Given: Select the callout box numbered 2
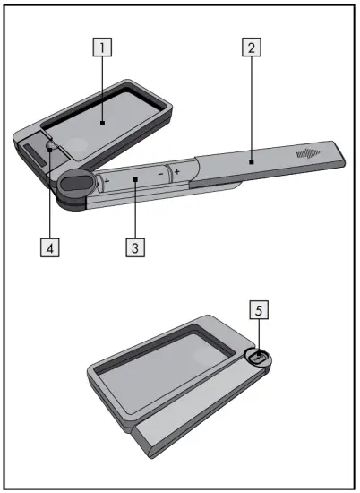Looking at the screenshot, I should point(253,48).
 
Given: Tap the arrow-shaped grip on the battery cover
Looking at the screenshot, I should point(307,154).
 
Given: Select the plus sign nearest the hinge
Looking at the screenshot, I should point(107,181).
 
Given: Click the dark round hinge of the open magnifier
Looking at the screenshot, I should point(74,183).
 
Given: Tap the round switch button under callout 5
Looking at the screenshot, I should point(258,357).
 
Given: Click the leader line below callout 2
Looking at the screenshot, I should point(253,108).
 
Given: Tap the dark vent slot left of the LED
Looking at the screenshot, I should point(31,159).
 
